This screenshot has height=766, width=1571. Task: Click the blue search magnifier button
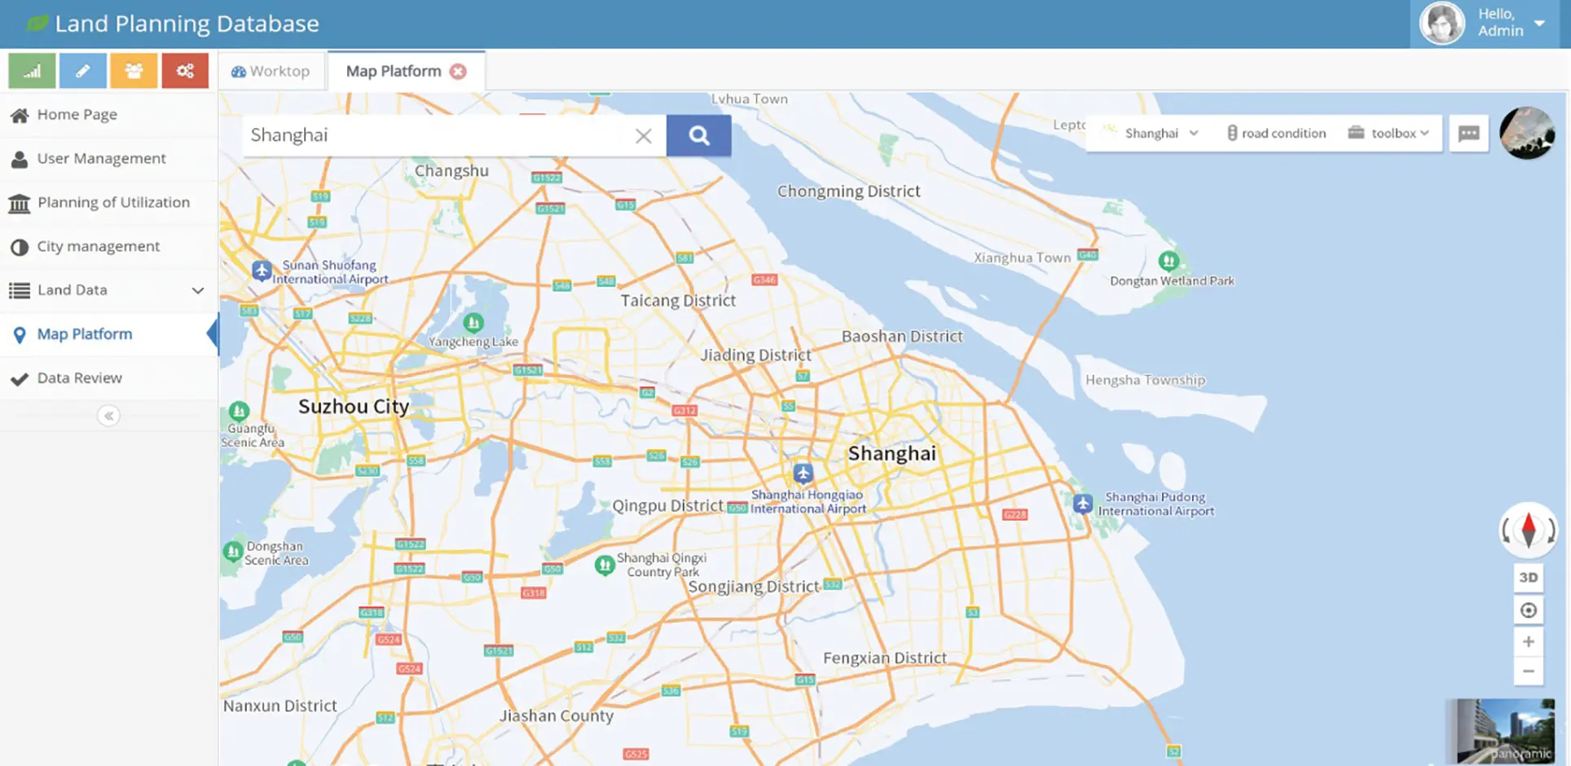click(x=698, y=135)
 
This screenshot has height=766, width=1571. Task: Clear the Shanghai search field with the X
click(x=644, y=136)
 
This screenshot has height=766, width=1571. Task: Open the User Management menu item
click(x=101, y=158)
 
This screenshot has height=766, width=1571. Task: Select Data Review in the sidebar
click(x=79, y=378)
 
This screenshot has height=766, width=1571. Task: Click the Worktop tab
click(x=271, y=72)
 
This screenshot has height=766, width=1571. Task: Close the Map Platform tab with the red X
click(x=459, y=72)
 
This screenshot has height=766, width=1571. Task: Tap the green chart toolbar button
click(x=32, y=72)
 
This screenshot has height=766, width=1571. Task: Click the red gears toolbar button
click(x=185, y=72)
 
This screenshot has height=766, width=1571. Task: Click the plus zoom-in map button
click(x=1529, y=642)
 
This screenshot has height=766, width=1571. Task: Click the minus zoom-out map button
click(x=1529, y=671)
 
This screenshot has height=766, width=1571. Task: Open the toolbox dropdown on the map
click(x=1389, y=133)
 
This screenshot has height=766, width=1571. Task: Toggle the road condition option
click(x=1277, y=133)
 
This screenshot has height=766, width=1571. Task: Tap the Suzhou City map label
click(x=353, y=406)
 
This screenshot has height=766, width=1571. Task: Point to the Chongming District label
click(x=848, y=191)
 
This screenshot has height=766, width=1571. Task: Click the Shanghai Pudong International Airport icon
click(x=1083, y=504)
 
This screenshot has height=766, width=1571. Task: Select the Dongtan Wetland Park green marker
click(x=1168, y=261)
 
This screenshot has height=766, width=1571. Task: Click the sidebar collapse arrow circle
click(x=108, y=416)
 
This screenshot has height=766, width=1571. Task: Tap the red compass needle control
click(x=1529, y=530)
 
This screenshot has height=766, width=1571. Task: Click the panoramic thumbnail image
click(x=1504, y=731)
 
